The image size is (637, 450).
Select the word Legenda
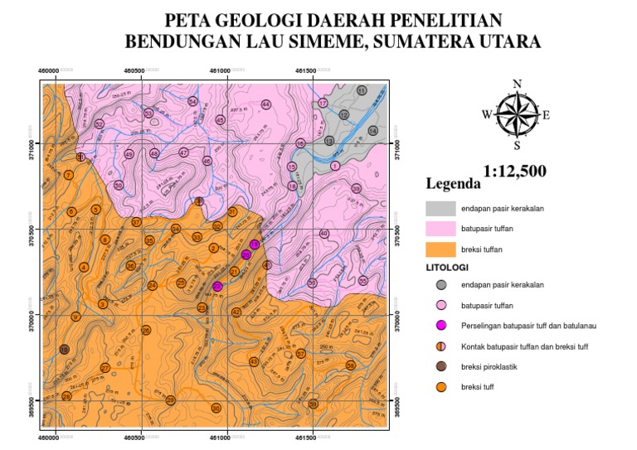point(453,183)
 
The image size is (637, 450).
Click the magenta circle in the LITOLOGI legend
point(442,326)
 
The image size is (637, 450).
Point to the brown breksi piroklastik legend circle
point(442,365)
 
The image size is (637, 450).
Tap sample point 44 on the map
point(266,104)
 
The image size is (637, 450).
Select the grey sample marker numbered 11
point(362,90)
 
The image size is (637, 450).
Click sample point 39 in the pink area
point(356,189)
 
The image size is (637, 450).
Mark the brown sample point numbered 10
point(64,350)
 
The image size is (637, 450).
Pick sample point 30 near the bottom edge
point(216,408)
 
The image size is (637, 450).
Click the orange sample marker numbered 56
point(350,365)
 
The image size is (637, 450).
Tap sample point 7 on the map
point(68,176)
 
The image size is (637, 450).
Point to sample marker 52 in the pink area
point(99,124)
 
